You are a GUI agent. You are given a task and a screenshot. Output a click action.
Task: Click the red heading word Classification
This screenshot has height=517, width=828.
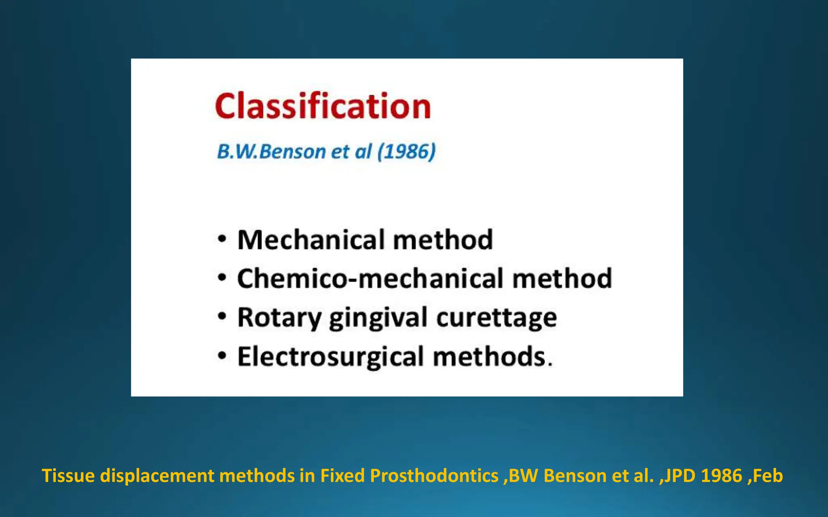coord(323,106)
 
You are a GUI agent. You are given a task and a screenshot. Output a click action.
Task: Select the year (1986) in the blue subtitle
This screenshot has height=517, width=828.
coord(406,152)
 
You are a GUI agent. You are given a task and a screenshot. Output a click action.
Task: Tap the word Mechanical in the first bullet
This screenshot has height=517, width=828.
coord(310,240)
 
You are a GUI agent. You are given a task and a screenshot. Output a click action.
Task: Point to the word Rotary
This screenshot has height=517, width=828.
coord(279,318)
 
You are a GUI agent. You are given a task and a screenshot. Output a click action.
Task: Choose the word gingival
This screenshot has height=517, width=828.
coord(378,318)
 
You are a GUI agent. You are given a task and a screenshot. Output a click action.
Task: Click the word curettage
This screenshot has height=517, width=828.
coord(496,318)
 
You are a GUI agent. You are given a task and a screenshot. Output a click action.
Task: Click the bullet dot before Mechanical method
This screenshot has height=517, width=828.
coord(222,239)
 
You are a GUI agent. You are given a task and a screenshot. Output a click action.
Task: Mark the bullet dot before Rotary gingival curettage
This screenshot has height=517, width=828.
coord(222,316)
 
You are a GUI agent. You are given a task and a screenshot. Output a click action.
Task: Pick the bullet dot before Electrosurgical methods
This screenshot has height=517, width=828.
coord(222,356)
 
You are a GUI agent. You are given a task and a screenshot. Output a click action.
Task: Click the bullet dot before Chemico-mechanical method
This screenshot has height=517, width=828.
coord(222,277)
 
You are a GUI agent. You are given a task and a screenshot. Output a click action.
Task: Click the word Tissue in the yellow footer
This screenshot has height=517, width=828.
coord(68,476)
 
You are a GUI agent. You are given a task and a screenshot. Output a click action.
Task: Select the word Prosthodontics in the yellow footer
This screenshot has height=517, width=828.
coord(434,476)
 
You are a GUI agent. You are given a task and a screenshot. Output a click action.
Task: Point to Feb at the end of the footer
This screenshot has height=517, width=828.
coord(768,476)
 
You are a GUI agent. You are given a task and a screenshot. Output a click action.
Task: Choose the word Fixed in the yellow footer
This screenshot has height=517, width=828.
coord(342,476)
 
